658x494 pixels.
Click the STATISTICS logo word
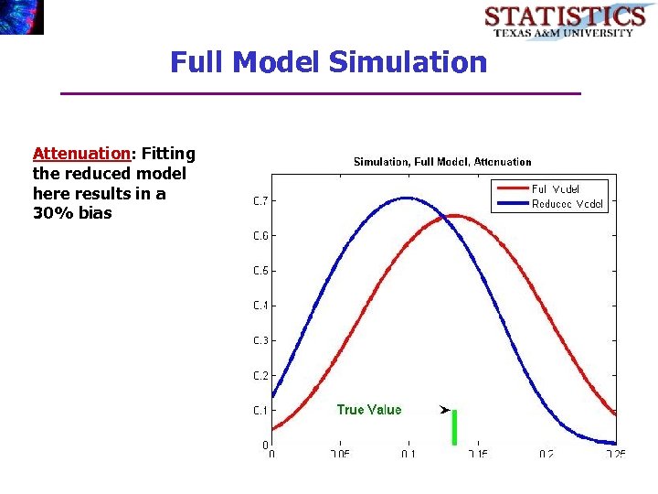564,16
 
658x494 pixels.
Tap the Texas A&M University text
564,33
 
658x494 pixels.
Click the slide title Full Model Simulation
328,62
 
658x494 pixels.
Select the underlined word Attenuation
80,153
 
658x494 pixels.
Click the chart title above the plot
442,162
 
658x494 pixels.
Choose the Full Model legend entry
555,189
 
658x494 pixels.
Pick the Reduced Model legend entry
567,204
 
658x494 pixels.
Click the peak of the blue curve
407,198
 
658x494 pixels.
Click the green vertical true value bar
454,427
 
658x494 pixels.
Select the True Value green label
368,410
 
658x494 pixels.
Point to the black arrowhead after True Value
444,410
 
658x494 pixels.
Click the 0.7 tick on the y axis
260,201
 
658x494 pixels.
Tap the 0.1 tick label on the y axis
260,411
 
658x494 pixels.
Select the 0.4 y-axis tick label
260,306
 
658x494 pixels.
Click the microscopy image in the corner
22,16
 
